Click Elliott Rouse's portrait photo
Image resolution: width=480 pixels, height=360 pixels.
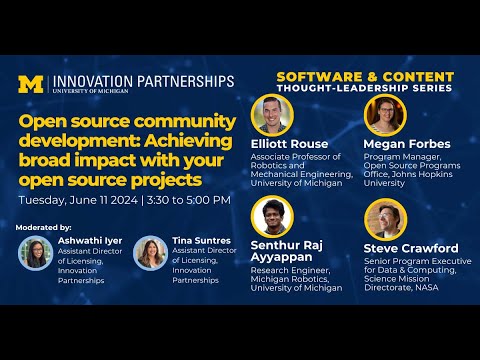point(271,115)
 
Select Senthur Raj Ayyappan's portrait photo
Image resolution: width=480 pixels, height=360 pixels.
point(271,218)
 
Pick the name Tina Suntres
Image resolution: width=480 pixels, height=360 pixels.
point(205,241)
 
